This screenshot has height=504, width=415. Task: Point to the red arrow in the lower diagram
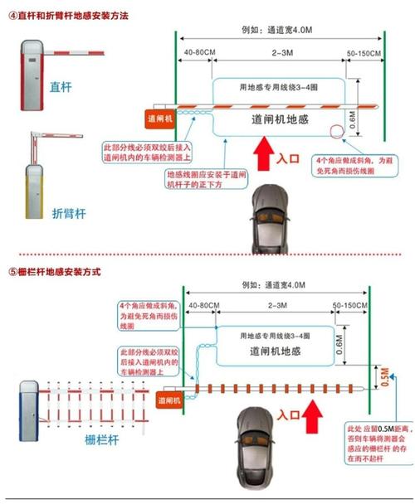coord(313,411)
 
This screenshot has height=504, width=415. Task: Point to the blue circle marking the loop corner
coord(336,131)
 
